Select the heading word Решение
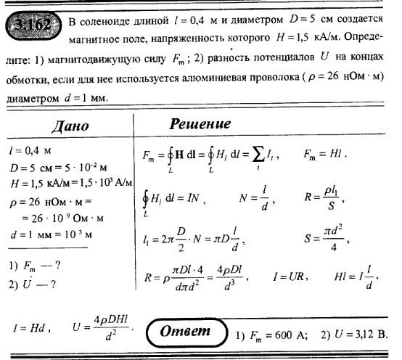tap(200, 124)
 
